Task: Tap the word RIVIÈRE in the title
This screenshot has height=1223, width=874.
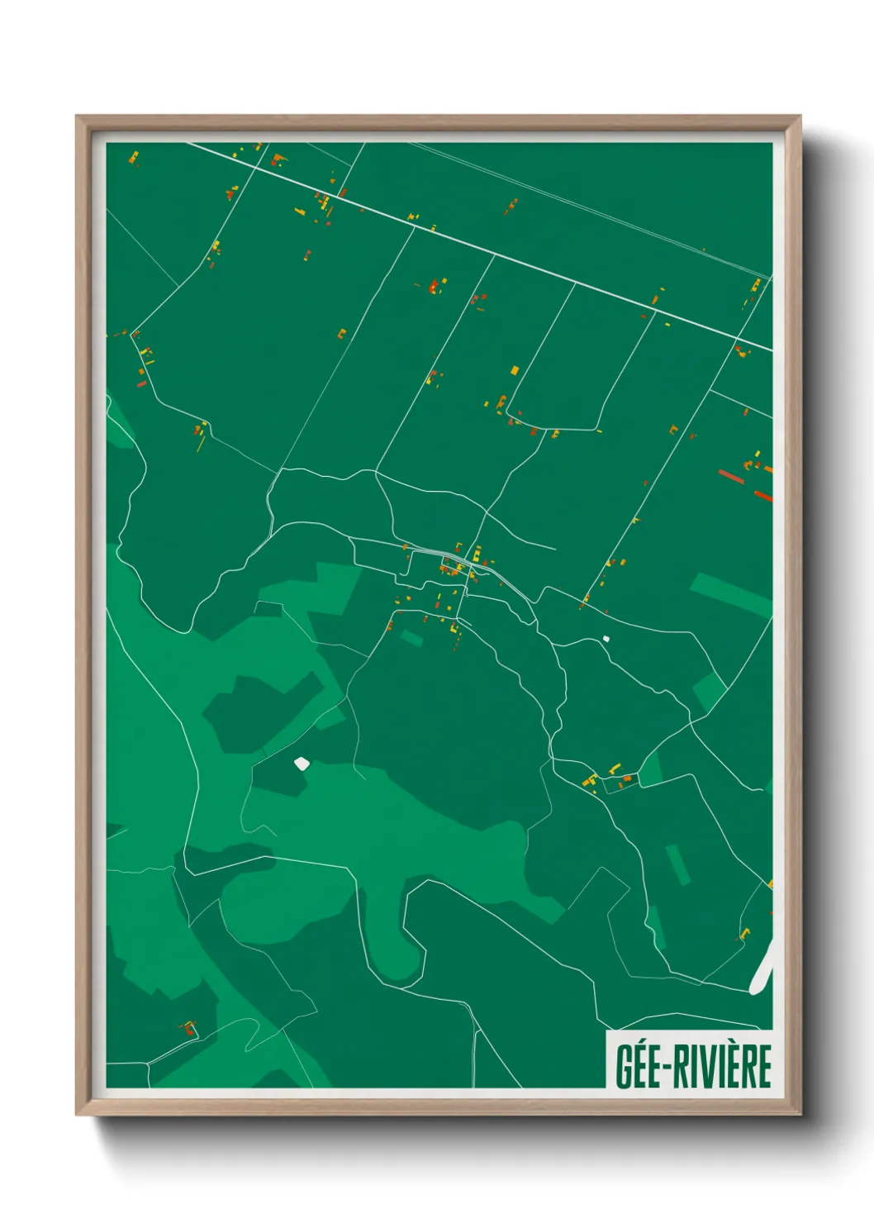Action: click(x=722, y=1066)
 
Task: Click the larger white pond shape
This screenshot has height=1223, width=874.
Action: click(x=302, y=764)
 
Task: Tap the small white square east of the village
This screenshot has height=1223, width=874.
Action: click(x=606, y=638)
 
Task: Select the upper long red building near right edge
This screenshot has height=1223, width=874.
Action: click(x=731, y=477)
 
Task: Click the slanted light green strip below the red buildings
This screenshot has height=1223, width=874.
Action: click(x=730, y=594)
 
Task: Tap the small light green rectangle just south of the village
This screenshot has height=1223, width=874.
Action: click(x=411, y=637)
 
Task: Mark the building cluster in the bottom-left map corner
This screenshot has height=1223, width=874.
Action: click(x=189, y=1029)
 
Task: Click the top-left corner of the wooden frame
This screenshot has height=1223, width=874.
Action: click(x=78, y=118)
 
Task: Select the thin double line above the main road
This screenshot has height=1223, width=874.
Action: click(x=578, y=203)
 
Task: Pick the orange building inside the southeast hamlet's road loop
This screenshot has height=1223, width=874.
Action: click(x=626, y=778)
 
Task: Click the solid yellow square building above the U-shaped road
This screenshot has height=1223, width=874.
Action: click(x=515, y=370)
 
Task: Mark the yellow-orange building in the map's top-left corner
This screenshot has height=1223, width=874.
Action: click(x=133, y=155)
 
